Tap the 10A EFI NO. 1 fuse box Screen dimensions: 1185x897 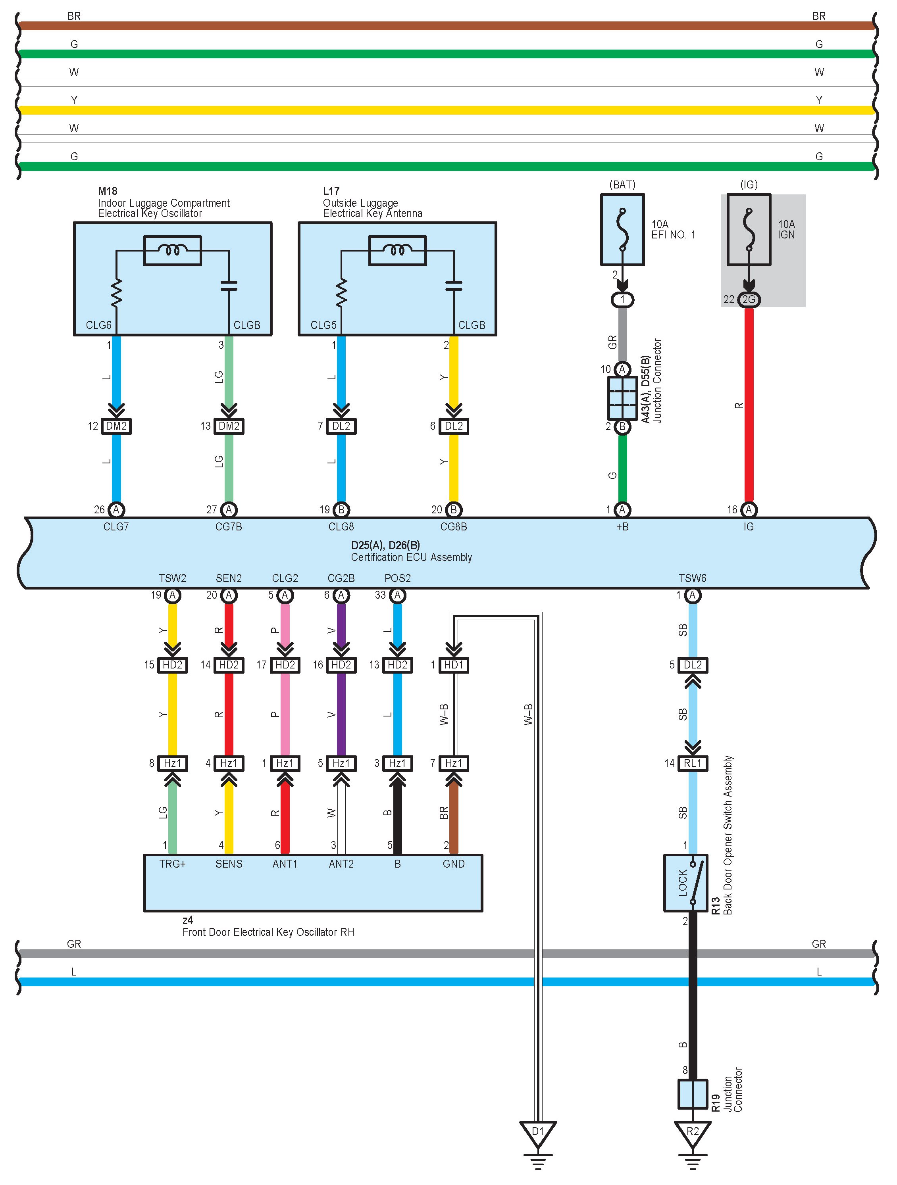point(622,230)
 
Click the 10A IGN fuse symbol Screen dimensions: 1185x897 point(749,230)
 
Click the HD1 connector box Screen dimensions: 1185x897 point(453,665)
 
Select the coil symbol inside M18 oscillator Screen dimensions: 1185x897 point(173,250)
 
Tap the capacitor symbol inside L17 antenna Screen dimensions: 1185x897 point(454,286)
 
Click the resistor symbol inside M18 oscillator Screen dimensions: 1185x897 point(116,294)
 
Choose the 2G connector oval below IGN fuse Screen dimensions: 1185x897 point(749,300)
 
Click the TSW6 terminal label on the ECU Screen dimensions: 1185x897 point(692,578)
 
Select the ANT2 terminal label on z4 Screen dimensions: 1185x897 point(341,864)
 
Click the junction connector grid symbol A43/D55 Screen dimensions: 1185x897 point(622,398)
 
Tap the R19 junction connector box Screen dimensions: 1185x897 point(692,1094)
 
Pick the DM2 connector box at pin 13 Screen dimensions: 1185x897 point(229,426)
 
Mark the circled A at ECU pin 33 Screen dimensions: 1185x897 point(397,595)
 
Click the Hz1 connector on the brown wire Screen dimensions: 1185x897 point(453,763)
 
